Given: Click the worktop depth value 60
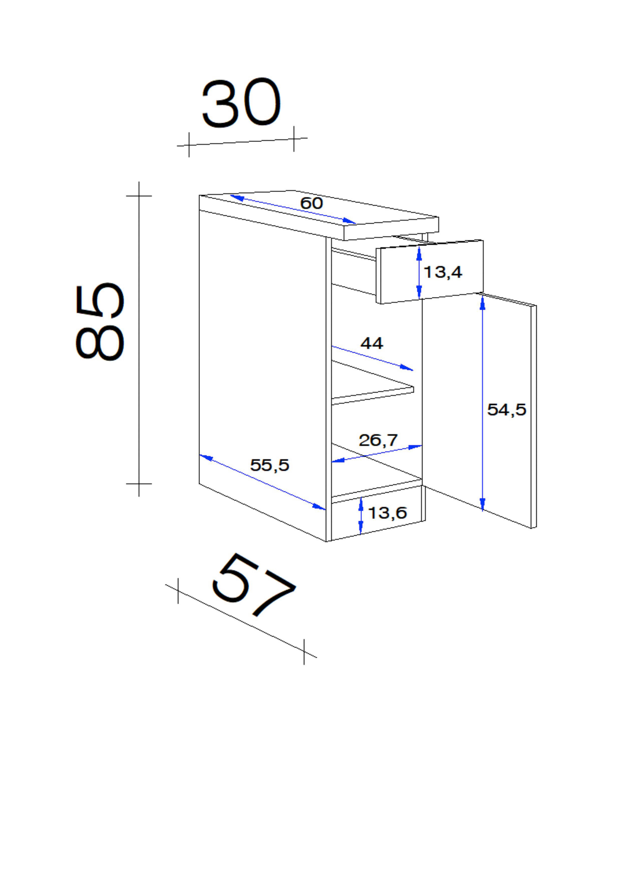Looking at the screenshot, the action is (x=312, y=203).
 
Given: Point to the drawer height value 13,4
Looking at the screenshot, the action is (x=443, y=272).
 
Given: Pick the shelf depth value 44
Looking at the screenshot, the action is (x=372, y=343).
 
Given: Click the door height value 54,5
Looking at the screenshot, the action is (x=507, y=410).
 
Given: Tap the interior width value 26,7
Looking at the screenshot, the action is (x=378, y=441).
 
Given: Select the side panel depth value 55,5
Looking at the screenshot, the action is (x=270, y=465).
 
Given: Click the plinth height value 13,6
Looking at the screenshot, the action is (x=387, y=513).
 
